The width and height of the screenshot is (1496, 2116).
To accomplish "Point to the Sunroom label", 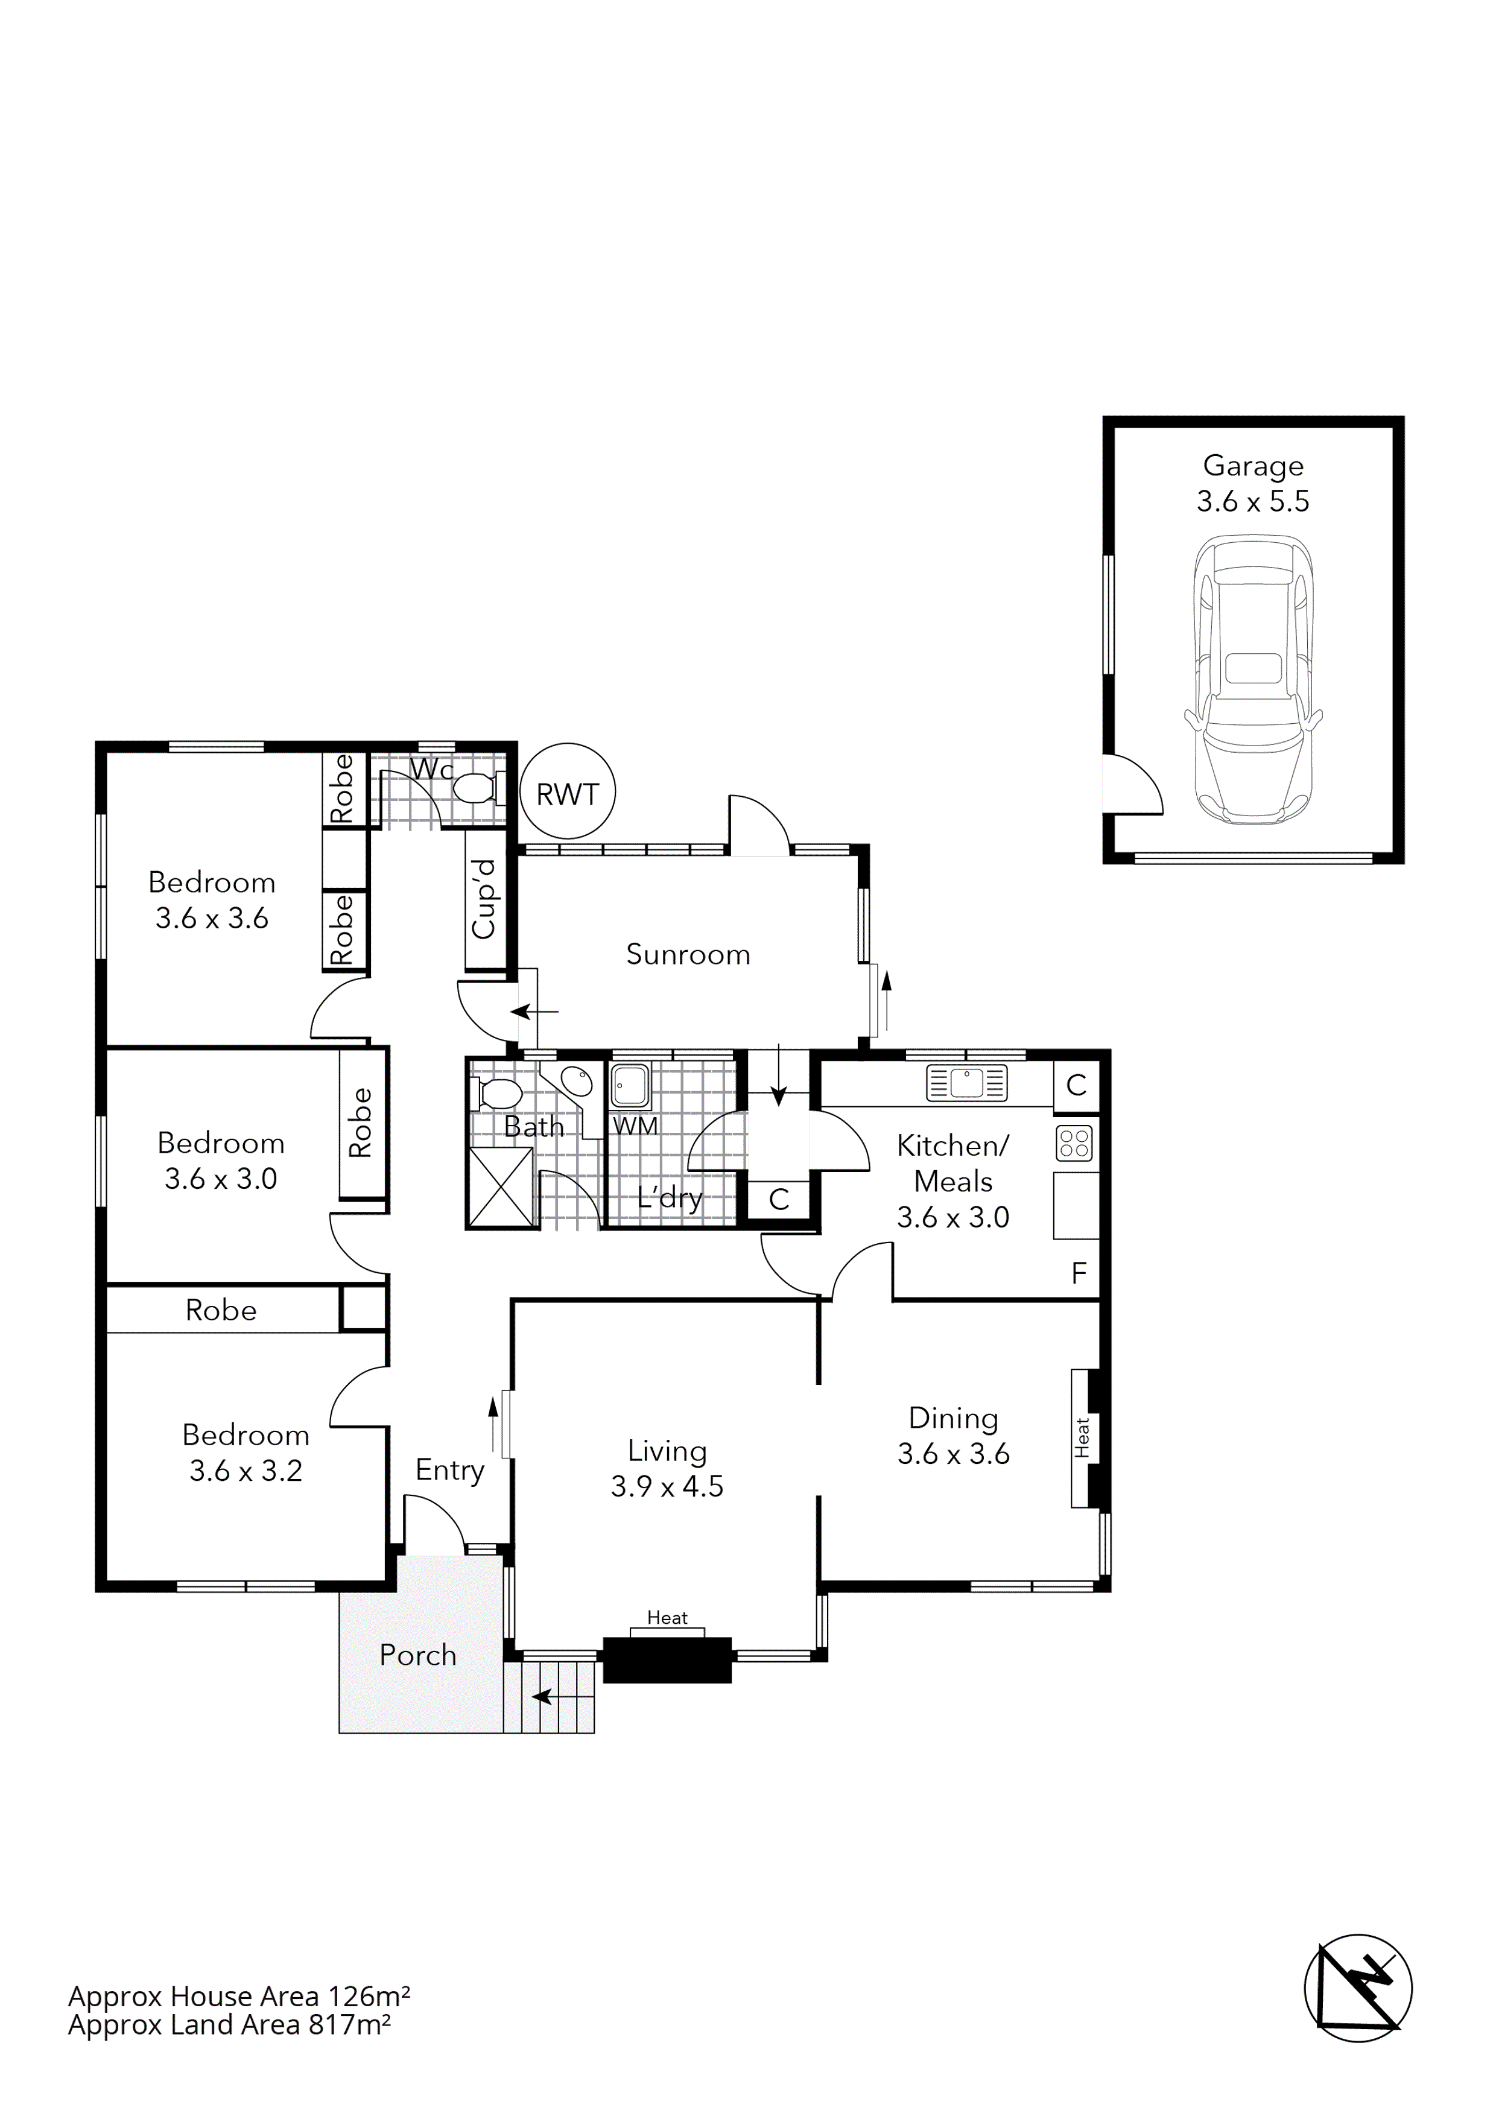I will (688, 954).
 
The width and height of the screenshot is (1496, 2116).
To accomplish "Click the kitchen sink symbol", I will (966, 1083).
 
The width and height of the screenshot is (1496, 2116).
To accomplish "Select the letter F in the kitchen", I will (1079, 1274).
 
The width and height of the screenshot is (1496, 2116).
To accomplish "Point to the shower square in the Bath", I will (501, 1187).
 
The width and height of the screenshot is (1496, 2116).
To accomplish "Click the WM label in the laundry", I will (635, 1126).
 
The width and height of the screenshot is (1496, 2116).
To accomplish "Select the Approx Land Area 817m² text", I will (229, 2025).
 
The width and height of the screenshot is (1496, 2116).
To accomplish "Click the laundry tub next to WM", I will (630, 1085).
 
